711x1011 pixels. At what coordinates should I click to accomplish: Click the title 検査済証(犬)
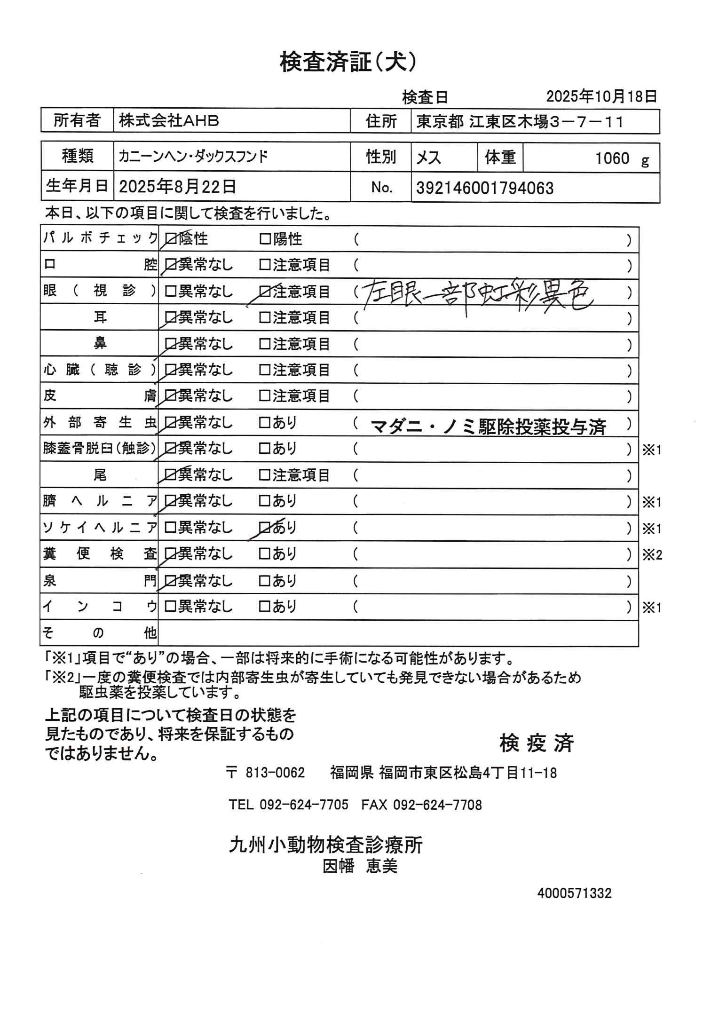[x=348, y=62]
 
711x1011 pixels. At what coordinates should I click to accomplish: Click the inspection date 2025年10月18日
[x=601, y=97]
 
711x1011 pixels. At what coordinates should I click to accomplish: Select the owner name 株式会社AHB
[x=169, y=121]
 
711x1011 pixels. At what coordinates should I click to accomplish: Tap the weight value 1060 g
[x=621, y=159]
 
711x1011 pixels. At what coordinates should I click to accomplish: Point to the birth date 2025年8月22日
[x=177, y=187]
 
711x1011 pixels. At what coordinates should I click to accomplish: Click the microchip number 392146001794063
[x=485, y=188]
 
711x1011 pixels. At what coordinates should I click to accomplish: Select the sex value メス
[x=428, y=158]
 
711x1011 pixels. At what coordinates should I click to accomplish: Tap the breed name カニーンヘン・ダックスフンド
[x=193, y=156]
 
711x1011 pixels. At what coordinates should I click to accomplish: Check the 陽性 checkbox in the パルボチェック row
[x=265, y=239]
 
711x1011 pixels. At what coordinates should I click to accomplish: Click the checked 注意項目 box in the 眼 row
[x=265, y=292]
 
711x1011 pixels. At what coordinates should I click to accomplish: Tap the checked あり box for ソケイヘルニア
[x=265, y=528]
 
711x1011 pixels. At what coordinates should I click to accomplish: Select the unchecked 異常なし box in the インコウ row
[x=170, y=607]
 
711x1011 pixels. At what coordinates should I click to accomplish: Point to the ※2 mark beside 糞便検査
[x=652, y=555]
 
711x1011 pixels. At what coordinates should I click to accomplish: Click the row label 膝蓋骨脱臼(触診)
[x=99, y=449]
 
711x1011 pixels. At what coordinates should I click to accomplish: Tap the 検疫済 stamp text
[x=537, y=743]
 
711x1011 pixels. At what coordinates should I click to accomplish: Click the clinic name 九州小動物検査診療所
[x=326, y=845]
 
